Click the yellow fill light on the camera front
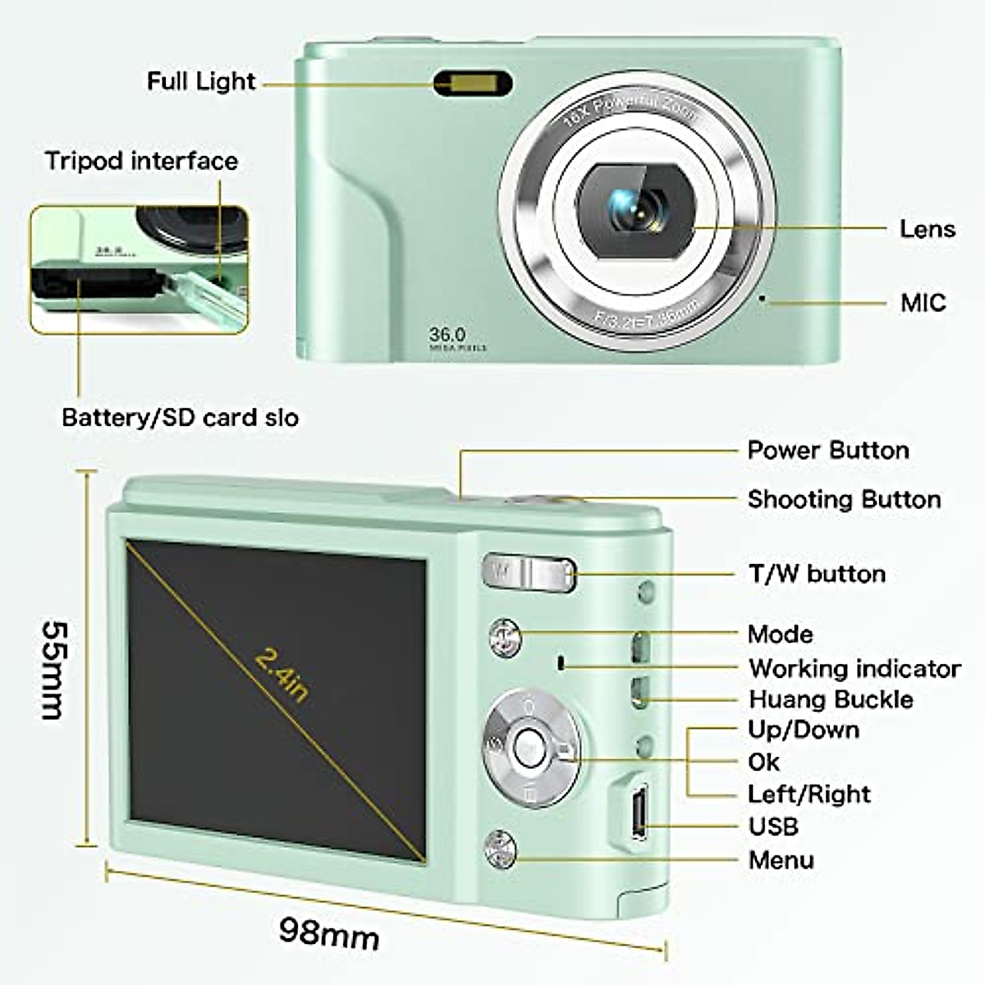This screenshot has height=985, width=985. click(473, 84)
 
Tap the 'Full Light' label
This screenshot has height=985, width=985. click(201, 81)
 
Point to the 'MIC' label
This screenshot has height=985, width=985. click(923, 303)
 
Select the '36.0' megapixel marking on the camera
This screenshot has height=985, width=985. click(447, 335)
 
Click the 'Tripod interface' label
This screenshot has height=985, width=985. click(141, 161)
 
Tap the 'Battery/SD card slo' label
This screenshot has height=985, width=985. click(180, 418)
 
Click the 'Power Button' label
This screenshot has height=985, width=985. click(827, 451)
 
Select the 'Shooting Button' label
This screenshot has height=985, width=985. click(844, 500)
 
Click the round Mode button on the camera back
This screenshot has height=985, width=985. click(505, 638)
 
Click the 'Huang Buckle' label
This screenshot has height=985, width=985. click(831, 700)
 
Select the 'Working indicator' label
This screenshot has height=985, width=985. click(854, 669)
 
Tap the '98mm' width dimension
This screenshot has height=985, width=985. click(328, 932)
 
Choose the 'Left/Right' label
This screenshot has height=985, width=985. click(809, 795)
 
